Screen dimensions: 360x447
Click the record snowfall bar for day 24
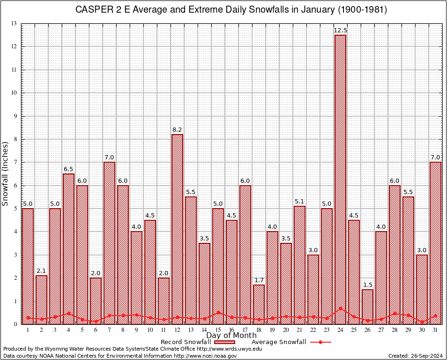click(340, 178)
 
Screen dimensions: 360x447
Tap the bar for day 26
click(367, 307)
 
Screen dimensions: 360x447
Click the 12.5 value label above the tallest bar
click(340, 30)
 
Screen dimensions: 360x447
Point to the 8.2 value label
click(177, 130)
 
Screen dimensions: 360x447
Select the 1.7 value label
click(259, 280)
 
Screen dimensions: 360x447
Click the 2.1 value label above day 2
click(41, 271)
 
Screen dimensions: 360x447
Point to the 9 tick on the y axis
click(15, 116)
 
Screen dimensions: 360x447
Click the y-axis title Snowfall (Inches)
click(6, 173)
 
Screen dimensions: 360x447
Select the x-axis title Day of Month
click(231, 336)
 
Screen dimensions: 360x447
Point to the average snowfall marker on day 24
click(340, 308)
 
